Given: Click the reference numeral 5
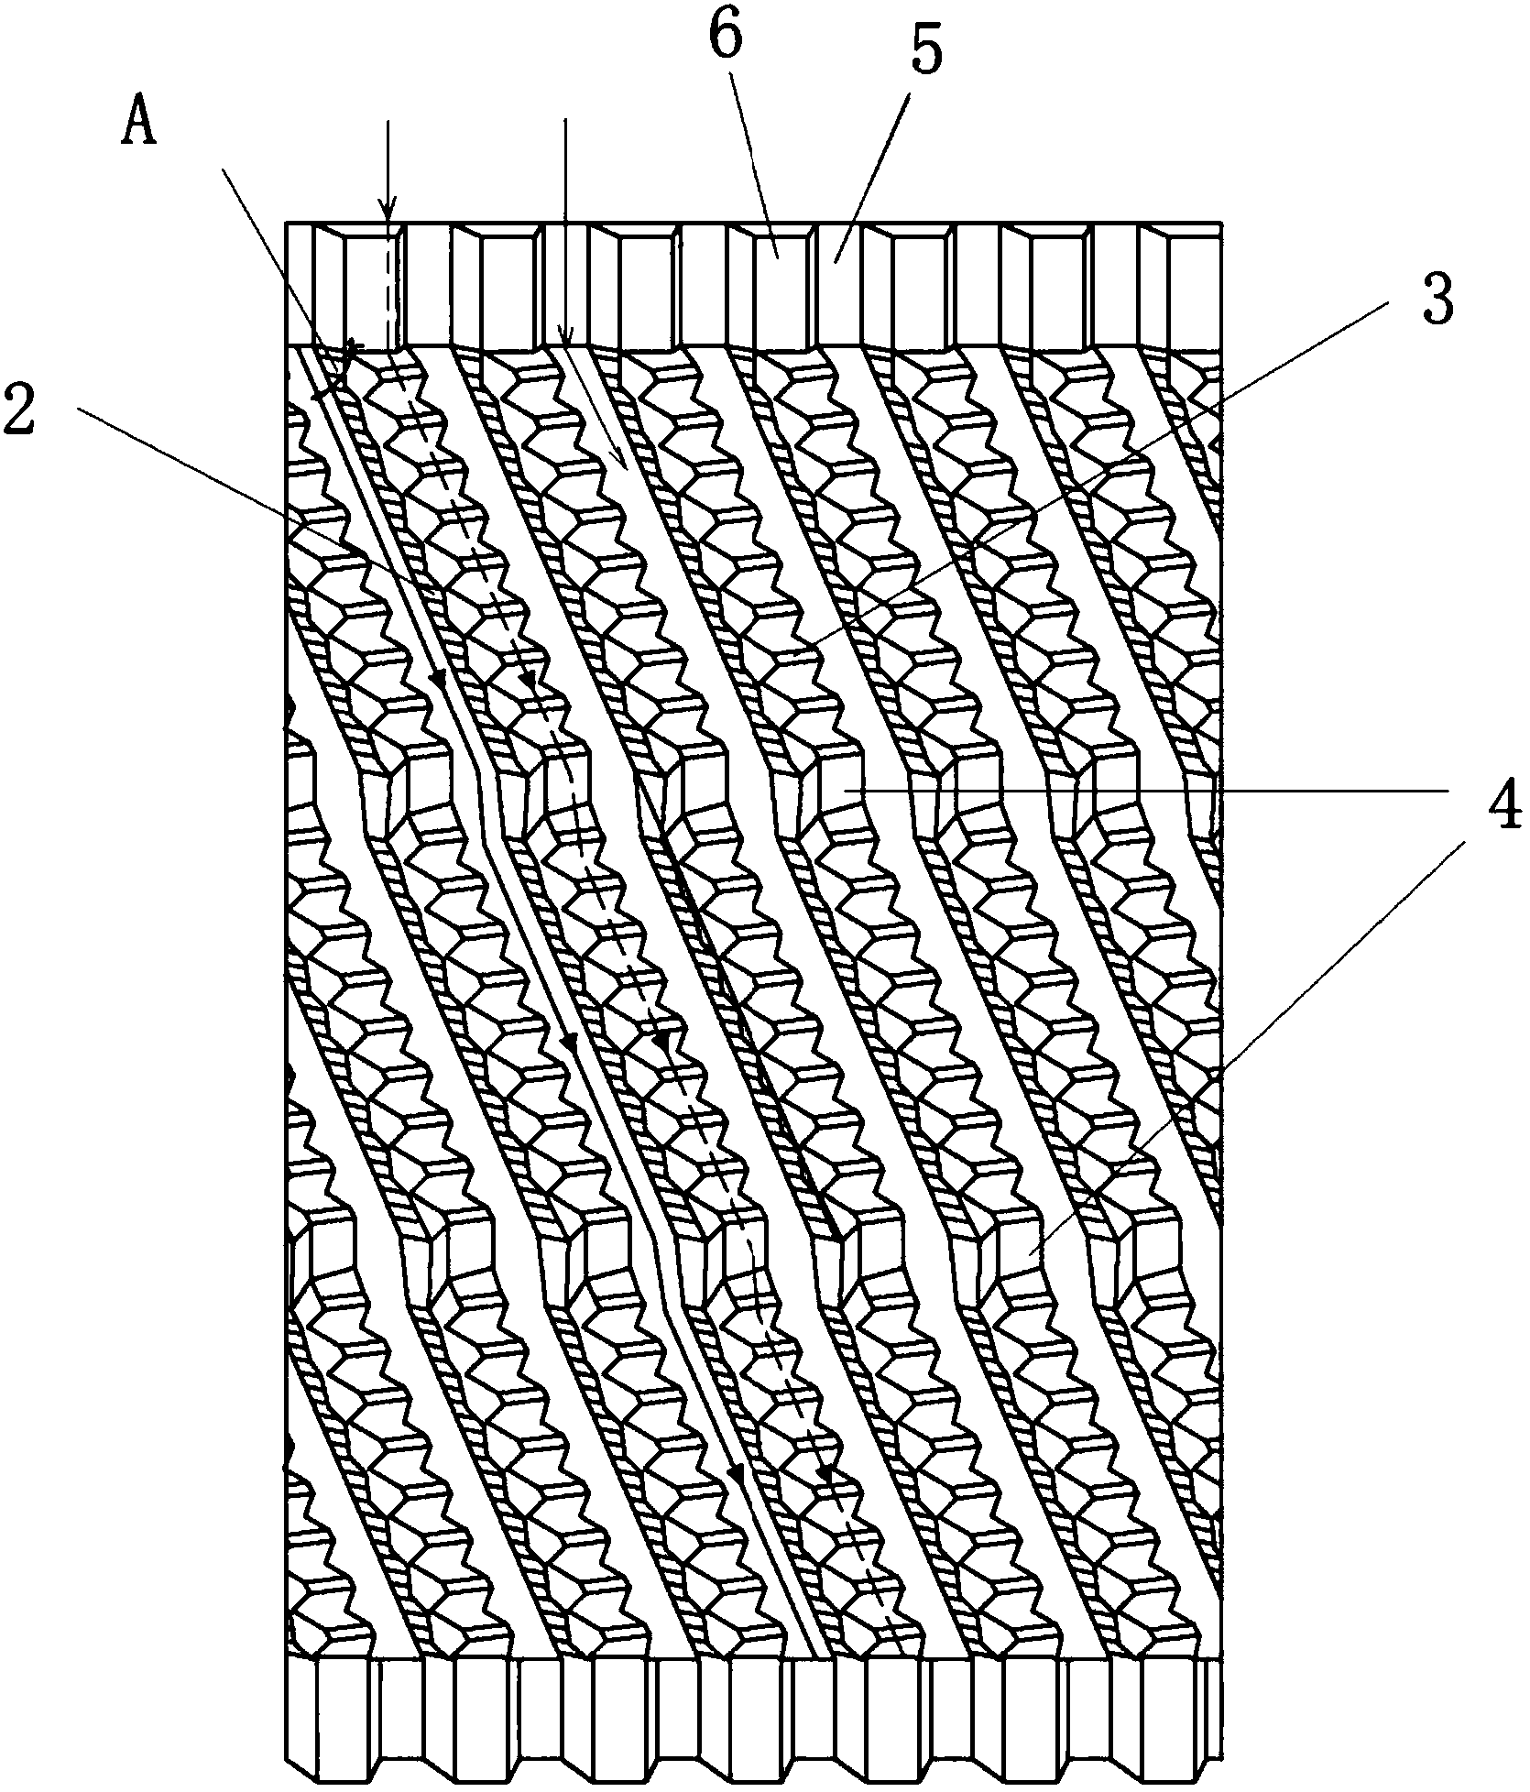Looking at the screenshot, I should coord(924,55).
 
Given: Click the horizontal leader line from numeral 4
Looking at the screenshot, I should coord(1145,789).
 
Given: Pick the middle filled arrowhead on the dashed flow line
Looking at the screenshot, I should coord(659,1042).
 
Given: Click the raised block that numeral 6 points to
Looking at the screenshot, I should coord(779,246).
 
